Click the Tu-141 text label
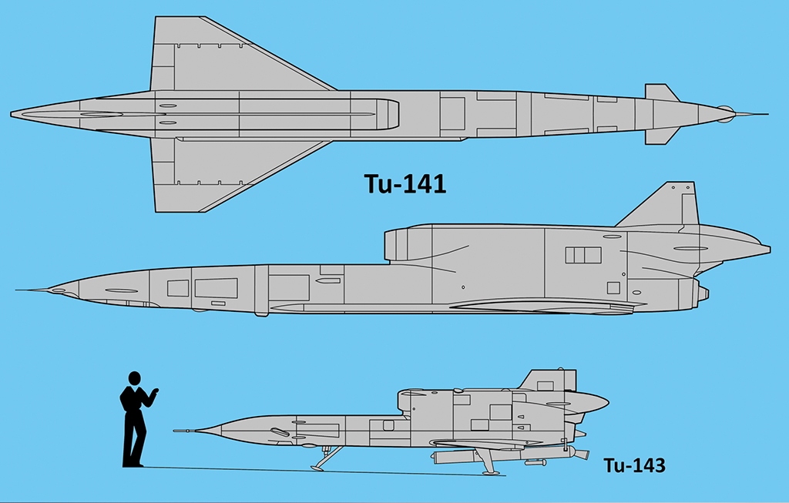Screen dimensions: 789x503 coord(405,183)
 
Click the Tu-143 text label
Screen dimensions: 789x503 coord(634,465)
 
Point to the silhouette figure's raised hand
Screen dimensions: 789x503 coord(154,391)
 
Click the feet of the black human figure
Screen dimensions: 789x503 coord(133,464)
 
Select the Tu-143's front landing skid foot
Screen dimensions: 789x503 coord(317,468)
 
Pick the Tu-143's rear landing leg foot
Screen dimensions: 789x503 coord(491,472)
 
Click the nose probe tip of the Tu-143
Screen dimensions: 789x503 coord(175,431)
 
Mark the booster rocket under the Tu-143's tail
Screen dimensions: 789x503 coord(510,454)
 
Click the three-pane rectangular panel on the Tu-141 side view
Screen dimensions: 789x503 coord(583,255)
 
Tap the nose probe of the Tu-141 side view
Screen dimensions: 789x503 coord(31,290)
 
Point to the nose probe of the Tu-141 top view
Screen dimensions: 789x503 coord(752,114)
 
